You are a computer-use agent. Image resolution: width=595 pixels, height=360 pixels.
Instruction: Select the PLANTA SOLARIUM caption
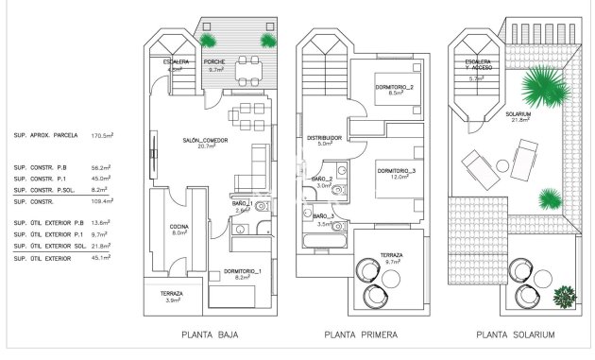click(x=515, y=334)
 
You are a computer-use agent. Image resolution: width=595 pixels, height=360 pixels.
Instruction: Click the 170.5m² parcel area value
click(x=102, y=136)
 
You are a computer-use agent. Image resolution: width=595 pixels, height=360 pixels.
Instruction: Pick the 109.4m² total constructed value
click(x=102, y=201)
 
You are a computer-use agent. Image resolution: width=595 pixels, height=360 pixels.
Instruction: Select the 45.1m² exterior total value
click(x=102, y=256)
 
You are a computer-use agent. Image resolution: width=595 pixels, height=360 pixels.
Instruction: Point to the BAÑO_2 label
click(x=322, y=180)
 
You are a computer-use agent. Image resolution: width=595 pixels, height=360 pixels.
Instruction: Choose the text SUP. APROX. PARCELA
click(x=46, y=136)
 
